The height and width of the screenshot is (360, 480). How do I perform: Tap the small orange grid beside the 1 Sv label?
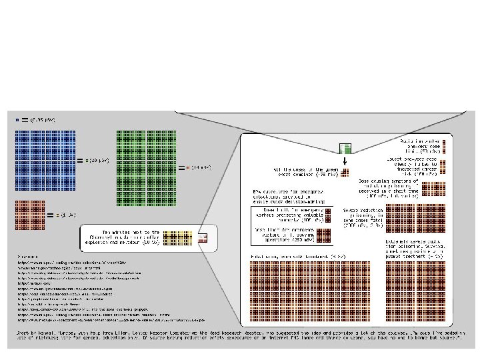tap(29, 215)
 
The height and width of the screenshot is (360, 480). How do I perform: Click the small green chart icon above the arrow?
tap(344, 149)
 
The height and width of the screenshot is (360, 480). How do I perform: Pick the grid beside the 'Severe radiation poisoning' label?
tap(401, 217)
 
